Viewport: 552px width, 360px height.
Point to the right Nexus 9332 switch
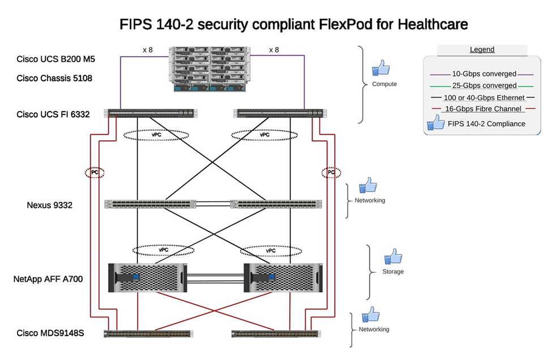[x=276, y=204]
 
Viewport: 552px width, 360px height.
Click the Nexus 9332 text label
[x=49, y=205]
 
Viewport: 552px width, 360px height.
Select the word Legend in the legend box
[x=482, y=50]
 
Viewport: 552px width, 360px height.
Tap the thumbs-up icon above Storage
[x=393, y=257]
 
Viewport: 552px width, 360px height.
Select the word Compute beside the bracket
[x=384, y=84]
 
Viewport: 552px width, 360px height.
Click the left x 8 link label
[x=148, y=50]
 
